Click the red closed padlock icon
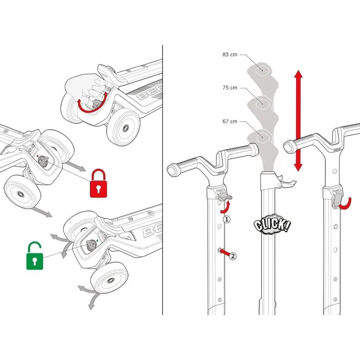pos(99,183)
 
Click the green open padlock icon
pos(35,255)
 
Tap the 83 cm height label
pos(229,54)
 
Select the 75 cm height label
pos(229,88)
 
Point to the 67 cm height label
pos(229,121)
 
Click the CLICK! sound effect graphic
pos(272,224)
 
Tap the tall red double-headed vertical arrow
pos(298,121)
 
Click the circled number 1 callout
pos(227,220)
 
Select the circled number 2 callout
pos(233,256)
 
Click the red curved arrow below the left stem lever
pos(225,207)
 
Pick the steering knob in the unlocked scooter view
pos(91,245)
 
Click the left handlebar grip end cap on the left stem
pos(173,171)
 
